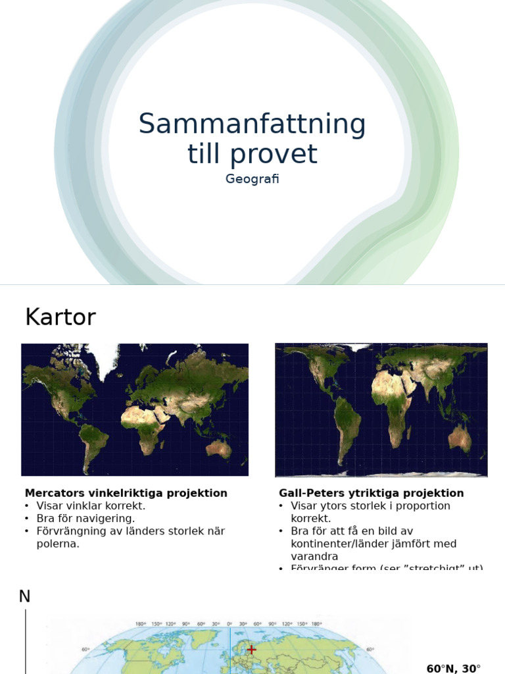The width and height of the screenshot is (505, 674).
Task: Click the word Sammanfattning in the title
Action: tap(252, 124)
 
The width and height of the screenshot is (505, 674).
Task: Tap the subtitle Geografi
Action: tap(252, 179)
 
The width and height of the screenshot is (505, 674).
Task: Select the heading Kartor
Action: tap(60, 317)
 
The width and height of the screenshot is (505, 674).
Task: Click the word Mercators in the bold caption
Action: tap(54, 493)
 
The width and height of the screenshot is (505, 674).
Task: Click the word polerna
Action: tap(58, 544)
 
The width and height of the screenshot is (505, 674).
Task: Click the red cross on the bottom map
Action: tap(251, 650)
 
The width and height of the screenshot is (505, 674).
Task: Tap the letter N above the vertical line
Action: tap(24, 596)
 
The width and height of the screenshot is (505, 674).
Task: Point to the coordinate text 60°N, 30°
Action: tap(454, 669)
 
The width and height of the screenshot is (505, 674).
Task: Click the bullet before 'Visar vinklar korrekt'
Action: tap(27, 506)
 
